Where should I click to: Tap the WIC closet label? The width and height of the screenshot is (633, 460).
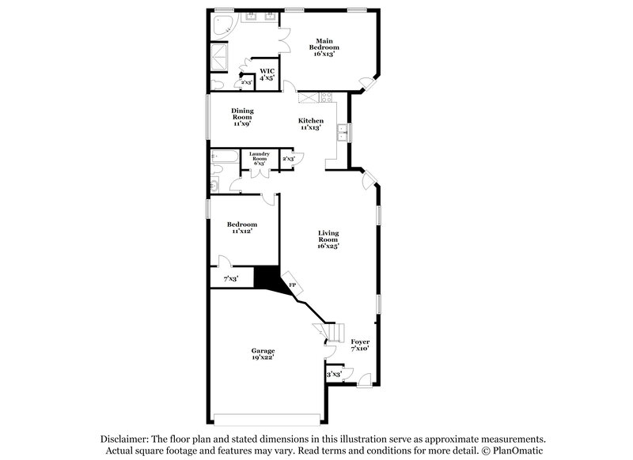[267, 71]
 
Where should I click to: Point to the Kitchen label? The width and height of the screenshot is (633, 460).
[310, 121]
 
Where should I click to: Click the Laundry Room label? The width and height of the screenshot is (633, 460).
[260, 156]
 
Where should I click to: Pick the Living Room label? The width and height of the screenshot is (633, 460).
[328, 236]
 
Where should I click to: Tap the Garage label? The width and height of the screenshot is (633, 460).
[263, 350]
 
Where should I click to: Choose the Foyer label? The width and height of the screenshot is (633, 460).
[360, 341]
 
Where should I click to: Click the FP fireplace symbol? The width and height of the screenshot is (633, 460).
[292, 285]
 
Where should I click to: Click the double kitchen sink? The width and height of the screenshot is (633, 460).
[342, 132]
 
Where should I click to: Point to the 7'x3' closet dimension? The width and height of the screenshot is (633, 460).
[231, 278]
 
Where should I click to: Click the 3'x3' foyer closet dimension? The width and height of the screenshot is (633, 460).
[334, 374]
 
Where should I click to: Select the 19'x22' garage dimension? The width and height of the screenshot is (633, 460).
[263, 358]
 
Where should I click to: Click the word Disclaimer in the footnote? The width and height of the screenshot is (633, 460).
[127, 439]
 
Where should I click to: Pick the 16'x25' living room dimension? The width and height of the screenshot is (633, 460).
[328, 245]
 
